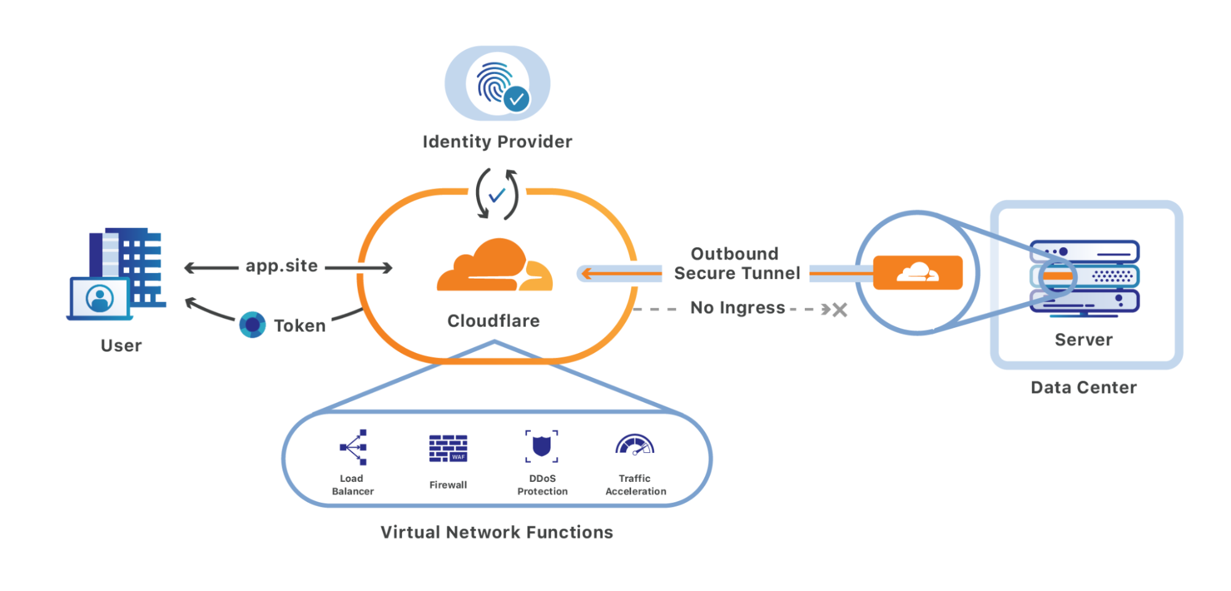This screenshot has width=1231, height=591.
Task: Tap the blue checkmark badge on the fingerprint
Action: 516,99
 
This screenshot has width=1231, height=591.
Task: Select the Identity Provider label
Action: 497,142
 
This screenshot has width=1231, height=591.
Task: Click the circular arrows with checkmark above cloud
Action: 496,195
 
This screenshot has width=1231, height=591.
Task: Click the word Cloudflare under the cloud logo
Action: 493,320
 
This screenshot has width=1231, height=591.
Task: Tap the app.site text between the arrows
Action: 281,266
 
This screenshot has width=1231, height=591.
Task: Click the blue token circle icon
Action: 252,325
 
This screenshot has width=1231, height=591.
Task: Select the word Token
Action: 299,325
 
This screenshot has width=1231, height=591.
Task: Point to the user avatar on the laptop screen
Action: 100,298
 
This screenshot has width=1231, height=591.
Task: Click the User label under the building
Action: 121,345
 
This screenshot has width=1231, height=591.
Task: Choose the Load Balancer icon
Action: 354,447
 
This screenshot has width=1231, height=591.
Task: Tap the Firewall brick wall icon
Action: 448,448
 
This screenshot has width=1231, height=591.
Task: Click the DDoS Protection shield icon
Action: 541,446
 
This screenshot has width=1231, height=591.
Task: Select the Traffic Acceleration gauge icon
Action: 635,446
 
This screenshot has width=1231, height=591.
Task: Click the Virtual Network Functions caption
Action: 496,532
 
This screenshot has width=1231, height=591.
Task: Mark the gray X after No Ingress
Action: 839,309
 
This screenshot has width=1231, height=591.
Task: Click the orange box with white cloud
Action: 918,272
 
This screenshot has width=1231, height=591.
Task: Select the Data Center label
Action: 1083,387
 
